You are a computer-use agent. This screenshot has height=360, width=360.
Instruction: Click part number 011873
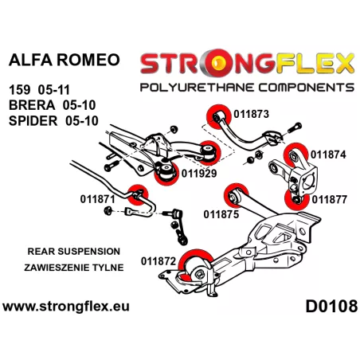[x=251, y=114]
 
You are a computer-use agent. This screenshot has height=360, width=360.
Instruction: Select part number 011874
[x=328, y=155]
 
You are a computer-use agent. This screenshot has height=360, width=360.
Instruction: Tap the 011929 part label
[x=199, y=174]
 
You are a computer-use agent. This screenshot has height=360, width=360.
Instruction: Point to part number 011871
[x=97, y=199]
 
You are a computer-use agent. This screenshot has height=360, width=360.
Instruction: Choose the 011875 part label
[x=221, y=214]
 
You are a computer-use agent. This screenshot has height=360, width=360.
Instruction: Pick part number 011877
[x=329, y=200]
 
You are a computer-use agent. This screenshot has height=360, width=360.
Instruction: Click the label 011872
[x=158, y=261]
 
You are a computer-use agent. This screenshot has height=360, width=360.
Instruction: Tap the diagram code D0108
[x=331, y=306]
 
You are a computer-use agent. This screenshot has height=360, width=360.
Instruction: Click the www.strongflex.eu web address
[x=66, y=307]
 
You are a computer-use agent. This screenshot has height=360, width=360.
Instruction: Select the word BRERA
[x=32, y=105]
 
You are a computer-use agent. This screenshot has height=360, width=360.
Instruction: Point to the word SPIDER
[x=33, y=121]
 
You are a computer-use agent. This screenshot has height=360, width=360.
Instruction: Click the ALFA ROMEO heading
[x=65, y=60]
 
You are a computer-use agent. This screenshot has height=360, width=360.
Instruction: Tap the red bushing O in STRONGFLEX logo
[x=220, y=63]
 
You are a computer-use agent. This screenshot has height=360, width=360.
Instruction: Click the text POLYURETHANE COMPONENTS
[x=247, y=88]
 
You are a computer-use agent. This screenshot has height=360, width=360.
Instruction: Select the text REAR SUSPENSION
[x=74, y=252]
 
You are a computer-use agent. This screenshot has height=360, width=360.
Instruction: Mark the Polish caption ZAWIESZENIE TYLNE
[x=74, y=268]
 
